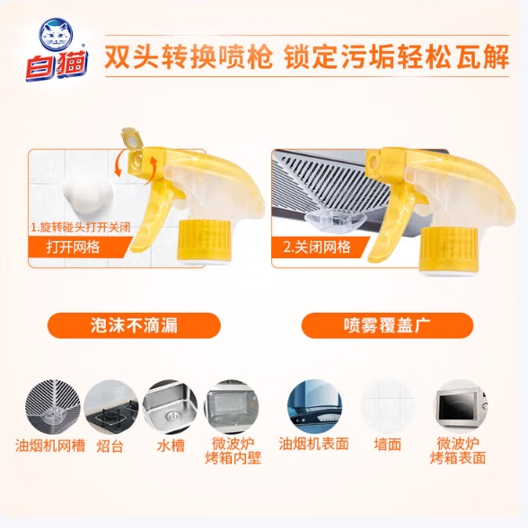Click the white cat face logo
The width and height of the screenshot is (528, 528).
[56, 35]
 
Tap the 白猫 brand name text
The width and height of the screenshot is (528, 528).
[57, 65]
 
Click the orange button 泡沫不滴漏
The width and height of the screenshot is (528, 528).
[134, 325]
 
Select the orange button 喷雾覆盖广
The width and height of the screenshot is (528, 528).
[387, 325]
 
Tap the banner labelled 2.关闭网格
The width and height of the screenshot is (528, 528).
[320, 247]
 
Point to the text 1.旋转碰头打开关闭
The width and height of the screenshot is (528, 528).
[80, 228]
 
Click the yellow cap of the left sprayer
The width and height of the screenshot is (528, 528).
[204, 241]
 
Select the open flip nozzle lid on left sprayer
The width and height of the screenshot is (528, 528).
[132, 137]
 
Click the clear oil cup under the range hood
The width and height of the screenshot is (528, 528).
[336, 221]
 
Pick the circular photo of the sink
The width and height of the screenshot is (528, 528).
[170, 407]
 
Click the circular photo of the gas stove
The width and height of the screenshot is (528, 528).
[111, 407]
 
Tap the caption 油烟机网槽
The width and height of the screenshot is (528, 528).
[50, 446]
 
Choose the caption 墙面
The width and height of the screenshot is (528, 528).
[388, 445]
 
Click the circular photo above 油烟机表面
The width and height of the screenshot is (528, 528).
[314, 407]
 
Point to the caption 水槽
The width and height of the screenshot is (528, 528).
[171, 446]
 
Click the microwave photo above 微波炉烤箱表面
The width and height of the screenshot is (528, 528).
[461, 407]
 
